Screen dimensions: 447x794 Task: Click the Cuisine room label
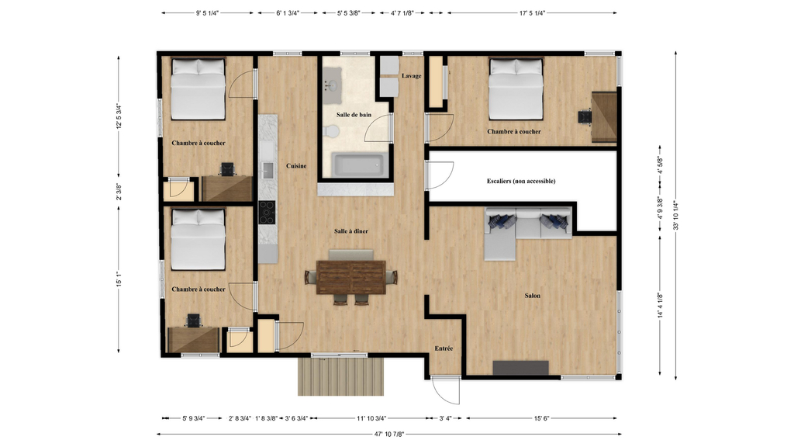click(x=296, y=166)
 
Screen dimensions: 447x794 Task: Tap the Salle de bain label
click(x=354, y=115)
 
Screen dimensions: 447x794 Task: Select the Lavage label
click(x=412, y=75)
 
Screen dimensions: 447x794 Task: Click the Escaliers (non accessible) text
click(x=521, y=181)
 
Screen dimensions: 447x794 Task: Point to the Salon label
click(x=532, y=296)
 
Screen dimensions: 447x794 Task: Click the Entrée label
click(x=444, y=348)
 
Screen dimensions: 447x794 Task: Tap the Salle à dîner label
click(x=350, y=231)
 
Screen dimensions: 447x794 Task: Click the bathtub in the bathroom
click(x=357, y=165)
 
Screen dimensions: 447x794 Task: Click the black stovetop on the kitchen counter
click(x=267, y=210)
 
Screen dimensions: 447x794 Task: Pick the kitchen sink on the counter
click(x=268, y=169)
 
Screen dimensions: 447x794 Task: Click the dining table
click(x=351, y=276)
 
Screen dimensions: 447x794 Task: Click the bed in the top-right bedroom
click(x=516, y=89)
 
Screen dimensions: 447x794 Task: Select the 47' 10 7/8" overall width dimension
click(x=389, y=434)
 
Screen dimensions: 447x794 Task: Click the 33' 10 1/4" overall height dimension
click(x=677, y=215)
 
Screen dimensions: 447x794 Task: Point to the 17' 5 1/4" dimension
click(x=533, y=13)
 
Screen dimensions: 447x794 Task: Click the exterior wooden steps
click(x=340, y=376)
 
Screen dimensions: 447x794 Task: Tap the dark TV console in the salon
click(x=521, y=368)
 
